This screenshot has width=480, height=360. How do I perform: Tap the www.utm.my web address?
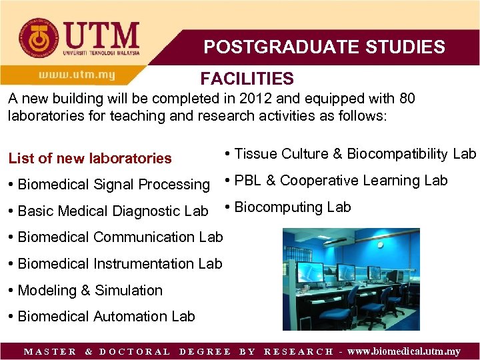click(77, 75)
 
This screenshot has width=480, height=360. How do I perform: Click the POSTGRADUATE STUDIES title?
click(324, 47)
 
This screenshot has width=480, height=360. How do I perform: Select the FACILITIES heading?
click(247, 79)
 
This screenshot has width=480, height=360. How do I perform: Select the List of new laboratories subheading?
click(90, 158)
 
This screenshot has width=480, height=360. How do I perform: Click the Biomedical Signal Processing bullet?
click(109, 185)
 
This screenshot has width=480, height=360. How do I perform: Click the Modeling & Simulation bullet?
click(85, 291)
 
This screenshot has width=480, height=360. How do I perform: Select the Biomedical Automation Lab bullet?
click(102, 317)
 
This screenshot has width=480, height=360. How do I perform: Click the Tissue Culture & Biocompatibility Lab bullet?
click(351, 154)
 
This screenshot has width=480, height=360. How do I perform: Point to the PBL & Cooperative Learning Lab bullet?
click(337, 181)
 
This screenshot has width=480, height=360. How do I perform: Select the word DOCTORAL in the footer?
click(134, 351)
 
